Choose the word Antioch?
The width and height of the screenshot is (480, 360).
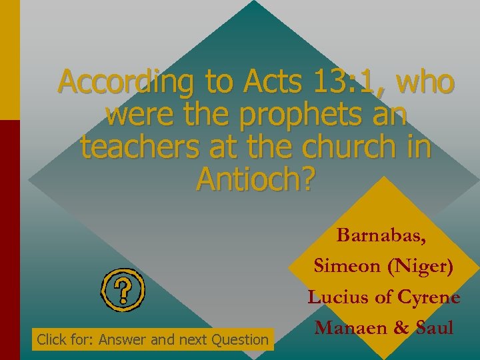click(x=255, y=179)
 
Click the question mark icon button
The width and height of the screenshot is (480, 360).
click(x=123, y=289)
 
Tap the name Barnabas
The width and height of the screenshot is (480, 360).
click(x=382, y=235)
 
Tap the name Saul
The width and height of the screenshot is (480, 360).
click(x=433, y=328)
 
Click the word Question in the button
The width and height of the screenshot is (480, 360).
click(x=240, y=340)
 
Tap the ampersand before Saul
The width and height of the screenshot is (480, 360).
click(x=396, y=328)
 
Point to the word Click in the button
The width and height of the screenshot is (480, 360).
click(x=51, y=340)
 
